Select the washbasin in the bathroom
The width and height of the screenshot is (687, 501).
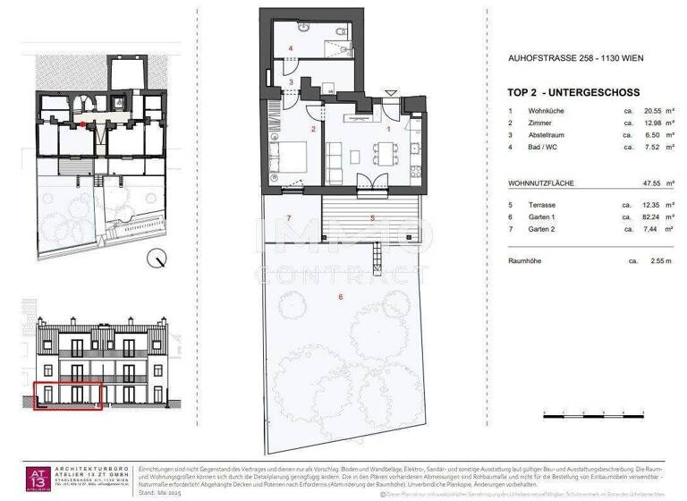pyautogui.click(x=308, y=27)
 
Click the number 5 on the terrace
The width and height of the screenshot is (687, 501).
pyautogui.click(x=372, y=218)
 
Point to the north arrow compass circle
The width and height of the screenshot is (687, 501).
pyautogui.click(x=158, y=259)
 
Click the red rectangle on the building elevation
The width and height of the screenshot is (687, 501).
pyautogui.click(x=69, y=395)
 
